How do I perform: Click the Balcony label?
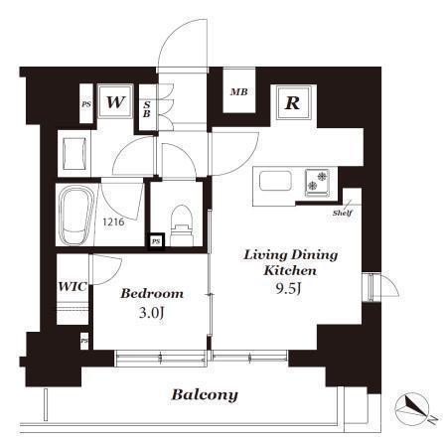tap(205, 394)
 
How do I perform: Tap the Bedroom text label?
tap(152, 294)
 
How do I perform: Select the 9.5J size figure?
tap(288, 289)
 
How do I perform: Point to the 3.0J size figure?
tap(152, 313)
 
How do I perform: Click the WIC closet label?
tap(73, 286)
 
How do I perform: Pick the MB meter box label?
tap(239, 91)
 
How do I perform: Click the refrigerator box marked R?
tap(293, 102)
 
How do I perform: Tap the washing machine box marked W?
tap(115, 101)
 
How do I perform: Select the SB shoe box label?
tap(147, 109)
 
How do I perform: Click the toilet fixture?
tap(182, 225)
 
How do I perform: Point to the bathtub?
tap(76, 216)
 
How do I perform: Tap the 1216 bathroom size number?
tap(113, 221)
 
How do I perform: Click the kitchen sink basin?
tap(275, 181)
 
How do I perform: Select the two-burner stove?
tap(317, 183)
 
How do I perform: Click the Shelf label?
tap(343, 214)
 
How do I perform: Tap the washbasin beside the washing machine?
tap(75, 154)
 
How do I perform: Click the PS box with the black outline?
tap(156, 241)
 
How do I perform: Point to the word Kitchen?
tap(290, 271)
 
